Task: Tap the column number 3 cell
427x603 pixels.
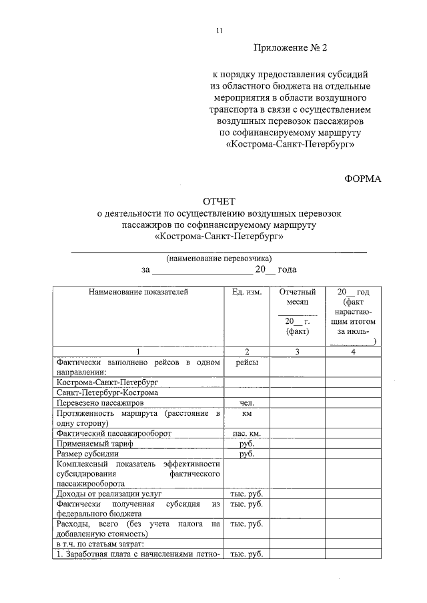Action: coord(297,351)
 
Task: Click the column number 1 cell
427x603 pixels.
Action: coord(138,351)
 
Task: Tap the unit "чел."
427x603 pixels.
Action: coord(246,403)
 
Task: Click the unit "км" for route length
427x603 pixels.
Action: coord(246,414)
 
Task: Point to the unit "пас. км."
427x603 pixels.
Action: coord(246,433)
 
